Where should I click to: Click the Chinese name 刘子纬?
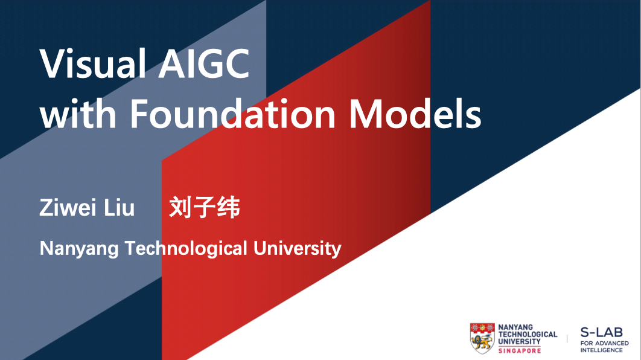205,207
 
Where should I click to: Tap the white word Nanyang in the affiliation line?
79,248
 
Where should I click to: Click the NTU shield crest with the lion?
482,338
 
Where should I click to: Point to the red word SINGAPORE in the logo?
520,350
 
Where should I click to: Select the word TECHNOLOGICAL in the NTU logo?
528,335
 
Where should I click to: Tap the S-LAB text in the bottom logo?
601,332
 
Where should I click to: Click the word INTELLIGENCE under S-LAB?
602,350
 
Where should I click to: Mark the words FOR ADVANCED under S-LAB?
604,343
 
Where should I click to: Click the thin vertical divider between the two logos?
567,339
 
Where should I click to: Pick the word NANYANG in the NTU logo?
515,328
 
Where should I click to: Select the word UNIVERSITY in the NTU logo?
519,341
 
